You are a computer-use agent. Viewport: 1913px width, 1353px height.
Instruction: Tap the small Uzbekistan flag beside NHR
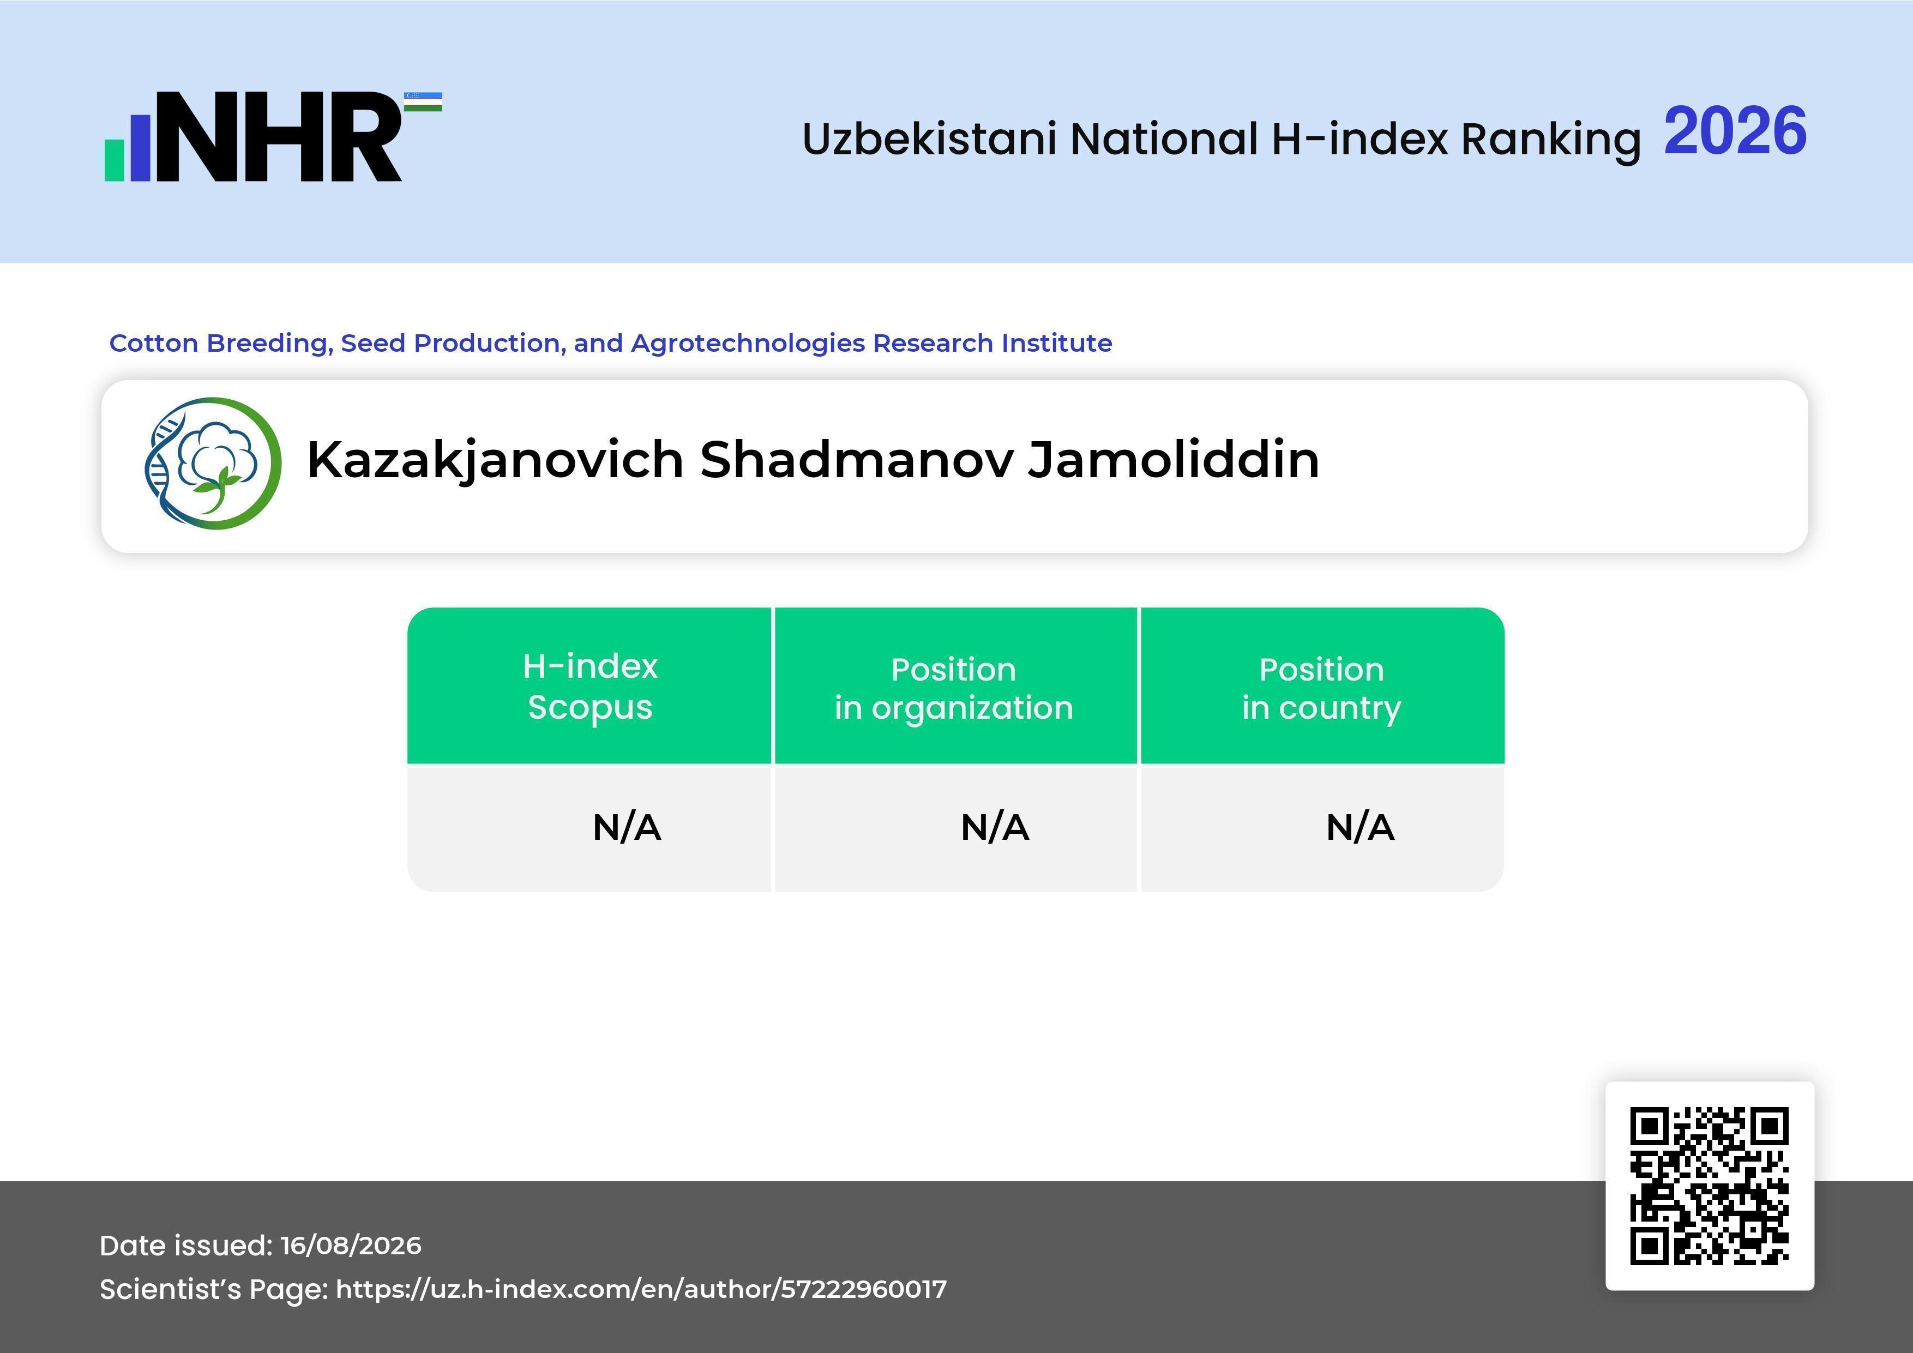(423, 101)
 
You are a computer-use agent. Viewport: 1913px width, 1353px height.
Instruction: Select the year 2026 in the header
(1736, 131)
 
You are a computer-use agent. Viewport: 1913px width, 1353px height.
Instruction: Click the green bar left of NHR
(114, 159)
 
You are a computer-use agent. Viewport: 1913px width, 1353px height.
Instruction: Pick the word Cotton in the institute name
(154, 342)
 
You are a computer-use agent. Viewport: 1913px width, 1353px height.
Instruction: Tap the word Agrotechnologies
(748, 343)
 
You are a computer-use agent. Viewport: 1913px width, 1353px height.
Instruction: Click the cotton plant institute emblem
(213, 463)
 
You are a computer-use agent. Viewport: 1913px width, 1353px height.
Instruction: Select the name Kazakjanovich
(496, 461)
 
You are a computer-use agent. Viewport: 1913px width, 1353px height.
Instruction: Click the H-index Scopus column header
(590, 687)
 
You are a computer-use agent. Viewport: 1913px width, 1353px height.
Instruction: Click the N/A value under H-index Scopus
(627, 827)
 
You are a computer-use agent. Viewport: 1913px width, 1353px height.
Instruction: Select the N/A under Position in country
(1359, 827)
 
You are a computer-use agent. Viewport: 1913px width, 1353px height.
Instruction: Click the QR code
(1710, 1186)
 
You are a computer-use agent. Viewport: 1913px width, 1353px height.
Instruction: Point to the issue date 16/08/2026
(351, 1246)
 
